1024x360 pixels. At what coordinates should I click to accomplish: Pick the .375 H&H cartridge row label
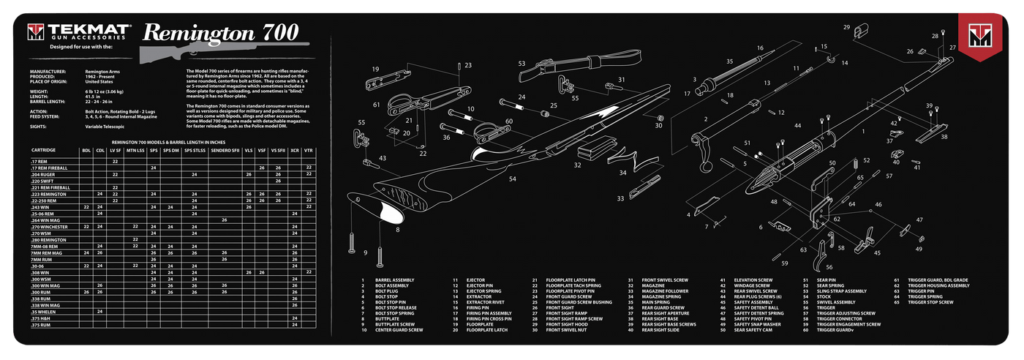(x=39, y=318)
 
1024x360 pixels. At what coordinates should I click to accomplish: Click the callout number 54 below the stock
(x=513, y=179)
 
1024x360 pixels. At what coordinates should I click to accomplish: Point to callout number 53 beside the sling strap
(x=522, y=64)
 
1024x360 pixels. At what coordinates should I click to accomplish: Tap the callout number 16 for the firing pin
(x=760, y=48)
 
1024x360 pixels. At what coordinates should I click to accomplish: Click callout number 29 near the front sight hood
(x=847, y=27)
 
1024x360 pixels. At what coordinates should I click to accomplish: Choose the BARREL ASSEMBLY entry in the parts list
(x=395, y=280)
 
